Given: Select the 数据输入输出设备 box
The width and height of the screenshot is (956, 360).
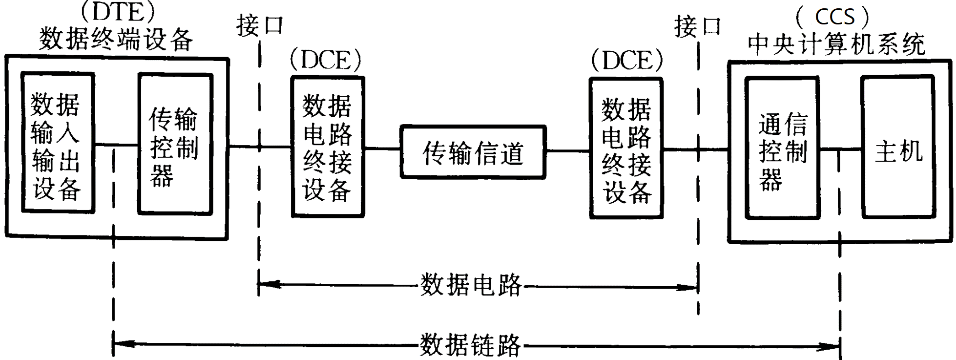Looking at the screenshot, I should (x=58, y=143).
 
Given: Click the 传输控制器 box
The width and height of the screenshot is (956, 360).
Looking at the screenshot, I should (x=175, y=144).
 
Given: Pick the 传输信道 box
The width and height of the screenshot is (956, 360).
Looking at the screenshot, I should (x=473, y=152).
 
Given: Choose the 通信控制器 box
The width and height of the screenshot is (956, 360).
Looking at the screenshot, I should (x=782, y=148).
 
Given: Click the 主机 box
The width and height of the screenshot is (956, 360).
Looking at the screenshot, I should (x=898, y=147).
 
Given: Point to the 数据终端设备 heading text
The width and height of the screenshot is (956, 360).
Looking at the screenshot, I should (x=116, y=39).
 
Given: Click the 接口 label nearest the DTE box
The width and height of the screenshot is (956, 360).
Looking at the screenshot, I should (x=260, y=25).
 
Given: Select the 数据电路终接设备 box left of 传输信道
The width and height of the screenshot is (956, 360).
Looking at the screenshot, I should (x=328, y=147).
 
